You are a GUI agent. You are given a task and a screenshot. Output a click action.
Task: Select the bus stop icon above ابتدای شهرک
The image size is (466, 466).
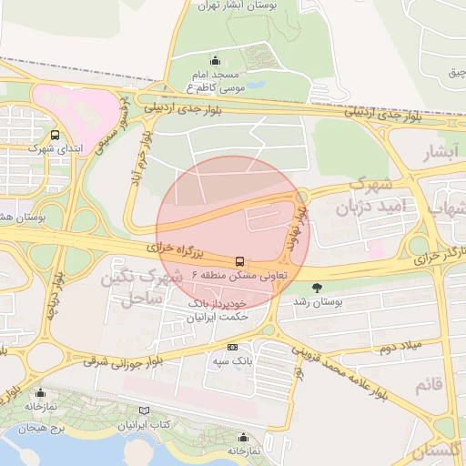point(56,134)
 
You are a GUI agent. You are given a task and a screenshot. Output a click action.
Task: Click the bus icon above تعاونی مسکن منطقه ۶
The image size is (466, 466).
point(239,260)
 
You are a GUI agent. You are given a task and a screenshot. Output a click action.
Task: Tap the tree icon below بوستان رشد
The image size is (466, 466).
point(317,322)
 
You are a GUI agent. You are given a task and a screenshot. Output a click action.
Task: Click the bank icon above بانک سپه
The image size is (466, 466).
point(232,347)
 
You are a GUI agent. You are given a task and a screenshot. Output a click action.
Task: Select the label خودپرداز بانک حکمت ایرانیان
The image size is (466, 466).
point(217,309)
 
